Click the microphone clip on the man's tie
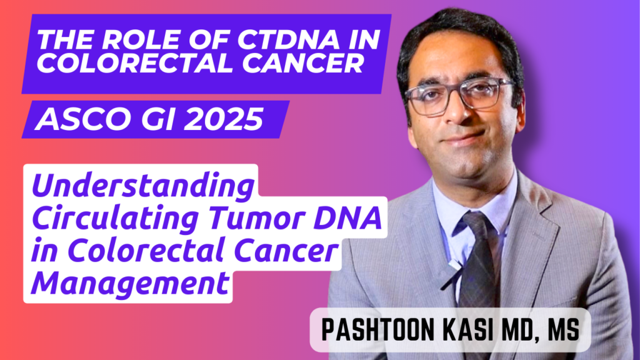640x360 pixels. coord(454,266)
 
